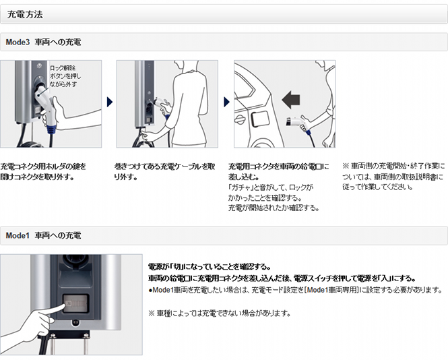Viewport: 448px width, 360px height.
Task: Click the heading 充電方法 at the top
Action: [25, 14]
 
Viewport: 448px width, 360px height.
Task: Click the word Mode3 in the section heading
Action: [18, 42]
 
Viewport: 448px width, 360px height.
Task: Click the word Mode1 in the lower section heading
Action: [18, 235]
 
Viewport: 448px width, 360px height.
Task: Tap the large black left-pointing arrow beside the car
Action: [291, 100]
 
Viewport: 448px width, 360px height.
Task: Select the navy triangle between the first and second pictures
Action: [110, 102]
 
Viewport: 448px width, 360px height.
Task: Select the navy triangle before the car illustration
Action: [227, 102]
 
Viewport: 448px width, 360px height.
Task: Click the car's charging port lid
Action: [260, 119]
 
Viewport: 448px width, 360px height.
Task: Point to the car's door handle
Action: [239, 119]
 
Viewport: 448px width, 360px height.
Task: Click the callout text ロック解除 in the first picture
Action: [63, 68]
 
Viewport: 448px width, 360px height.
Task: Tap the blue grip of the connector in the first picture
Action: [52, 129]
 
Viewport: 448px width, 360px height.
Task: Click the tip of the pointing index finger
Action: [63, 307]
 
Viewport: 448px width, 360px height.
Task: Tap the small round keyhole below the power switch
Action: [75, 322]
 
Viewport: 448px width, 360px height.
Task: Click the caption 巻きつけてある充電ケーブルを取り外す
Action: [164, 171]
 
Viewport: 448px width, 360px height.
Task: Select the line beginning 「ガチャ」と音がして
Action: [271, 187]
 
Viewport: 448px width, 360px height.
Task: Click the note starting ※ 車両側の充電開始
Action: [393, 177]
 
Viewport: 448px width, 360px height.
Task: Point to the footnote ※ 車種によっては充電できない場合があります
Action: [220, 313]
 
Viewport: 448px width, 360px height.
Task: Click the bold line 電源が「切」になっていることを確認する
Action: [210, 267]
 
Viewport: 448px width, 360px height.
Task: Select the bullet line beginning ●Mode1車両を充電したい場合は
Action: [296, 290]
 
